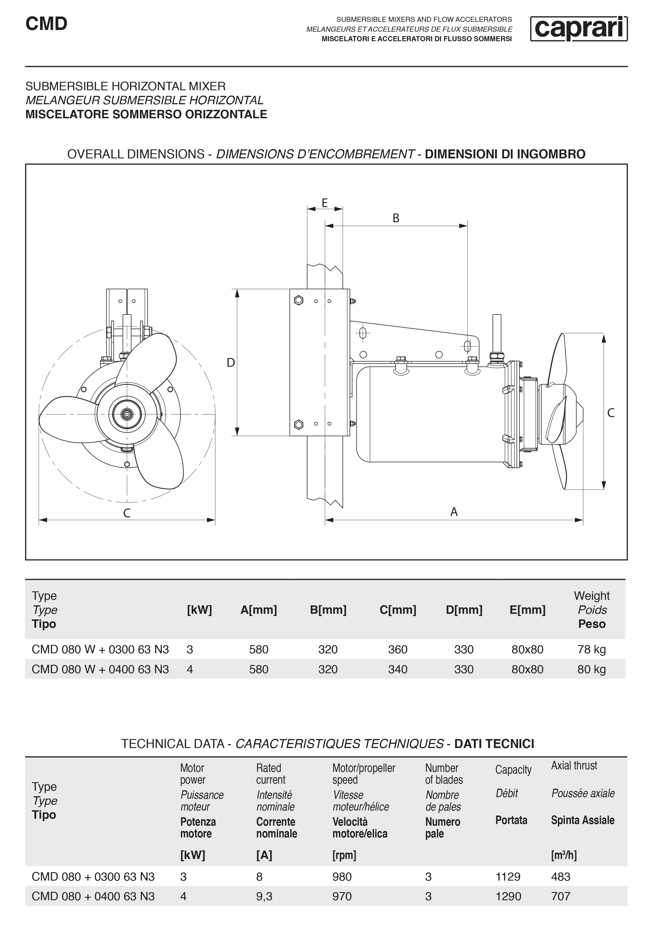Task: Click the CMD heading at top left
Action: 46,24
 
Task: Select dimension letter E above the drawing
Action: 325,203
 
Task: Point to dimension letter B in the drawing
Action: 396,218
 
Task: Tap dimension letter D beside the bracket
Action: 231,362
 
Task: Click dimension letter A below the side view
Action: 454,512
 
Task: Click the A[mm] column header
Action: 258,610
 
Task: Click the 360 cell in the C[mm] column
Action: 398,650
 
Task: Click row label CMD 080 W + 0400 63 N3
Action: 100,669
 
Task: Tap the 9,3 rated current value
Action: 264,896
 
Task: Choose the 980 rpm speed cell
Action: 342,877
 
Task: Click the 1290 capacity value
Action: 508,896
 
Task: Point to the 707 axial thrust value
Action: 560,896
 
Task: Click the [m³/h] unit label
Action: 564,855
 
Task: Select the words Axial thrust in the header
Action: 574,766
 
